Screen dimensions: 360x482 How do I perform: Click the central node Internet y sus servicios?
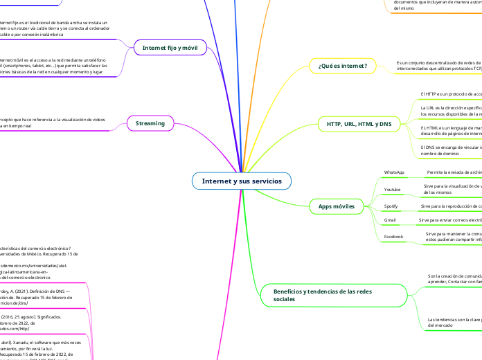pyautogui.click(x=242, y=181)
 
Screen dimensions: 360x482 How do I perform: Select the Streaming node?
pyautogui.click(x=150, y=123)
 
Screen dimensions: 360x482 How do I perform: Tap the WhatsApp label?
pyautogui.click(x=394, y=172)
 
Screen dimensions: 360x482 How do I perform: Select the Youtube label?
pyautogui.click(x=393, y=189)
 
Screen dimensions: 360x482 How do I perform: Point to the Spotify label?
pyautogui.click(x=392, y=206)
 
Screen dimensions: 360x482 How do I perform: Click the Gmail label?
pyautogui.click(x=390, y=220)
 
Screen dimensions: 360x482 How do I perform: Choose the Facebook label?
pyautogui.click(x=394, y=237)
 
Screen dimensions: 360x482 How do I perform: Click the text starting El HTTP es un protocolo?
pyautogui.click(x=450, y=93)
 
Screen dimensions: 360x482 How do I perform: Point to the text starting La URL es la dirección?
pyautogui.click(x=451, y=111)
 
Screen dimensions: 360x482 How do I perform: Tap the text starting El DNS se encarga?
pyautogui.click(x=451, y=150)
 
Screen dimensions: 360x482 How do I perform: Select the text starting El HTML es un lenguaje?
pyautogui.click(x=451, y=131)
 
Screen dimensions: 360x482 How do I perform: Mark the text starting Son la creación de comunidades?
pyautogui.click(x=454, y=278)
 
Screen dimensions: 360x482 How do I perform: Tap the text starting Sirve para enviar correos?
pyautogui.click(x=450, y=220)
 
